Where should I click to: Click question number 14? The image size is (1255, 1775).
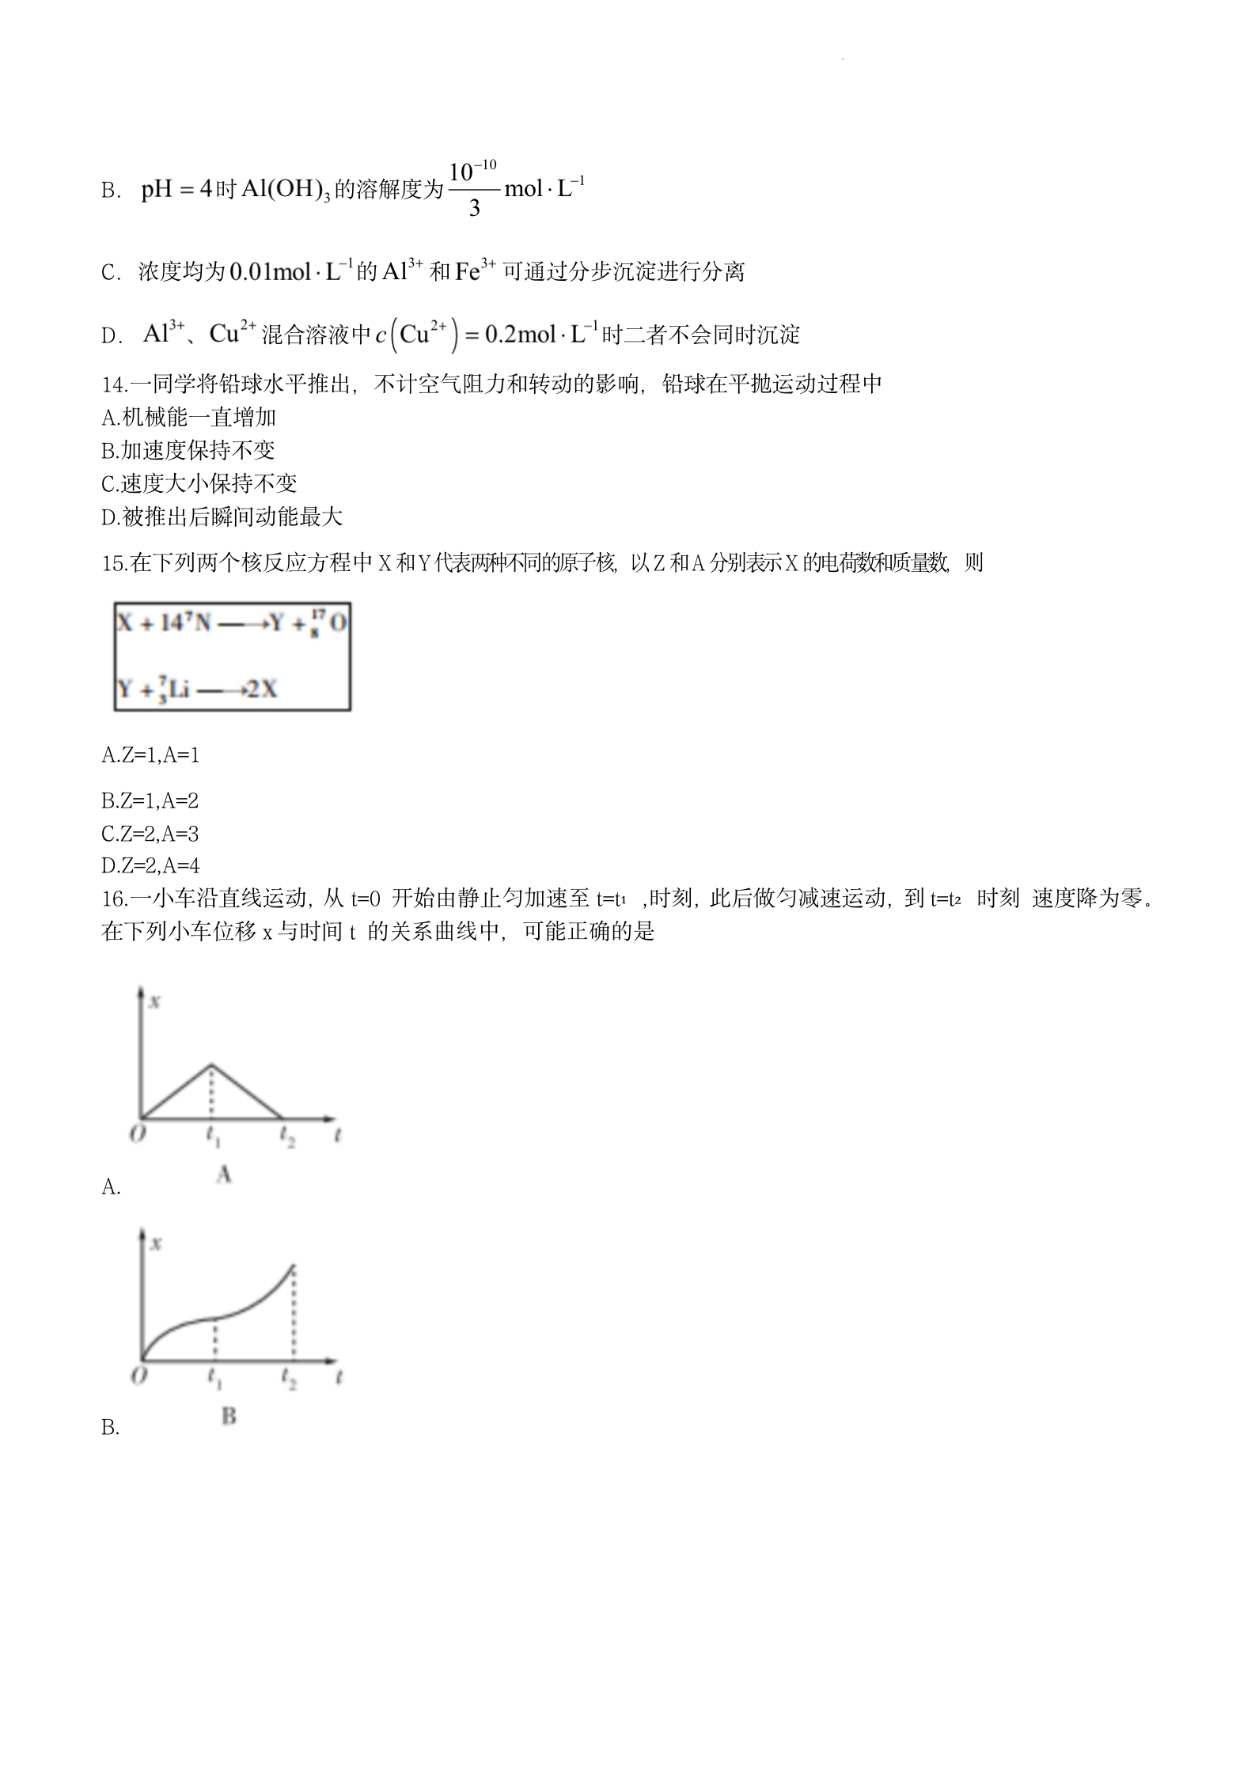(x=114, y=384)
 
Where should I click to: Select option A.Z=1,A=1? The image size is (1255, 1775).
(x=150, y=755)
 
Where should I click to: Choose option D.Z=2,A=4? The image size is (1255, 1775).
(x=150, y=866)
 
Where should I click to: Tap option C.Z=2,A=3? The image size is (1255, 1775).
(x=150, y=834)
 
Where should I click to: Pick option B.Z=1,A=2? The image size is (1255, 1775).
(x=150, y=801)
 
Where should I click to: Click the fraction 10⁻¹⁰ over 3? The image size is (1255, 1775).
(x=473, y=189)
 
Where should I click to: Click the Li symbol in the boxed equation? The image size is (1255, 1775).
(x=179, y=689)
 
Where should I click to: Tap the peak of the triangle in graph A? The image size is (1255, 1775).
(x=211, y=1065)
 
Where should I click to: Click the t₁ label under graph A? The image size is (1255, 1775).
(x=213, y=1136)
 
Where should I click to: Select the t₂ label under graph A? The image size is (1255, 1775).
(x=286, y=1136)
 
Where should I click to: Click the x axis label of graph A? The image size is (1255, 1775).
(x=155, y=1001)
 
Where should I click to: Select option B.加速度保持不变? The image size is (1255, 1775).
(x=188, y=451)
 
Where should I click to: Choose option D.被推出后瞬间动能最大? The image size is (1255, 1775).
(x=222, y=517)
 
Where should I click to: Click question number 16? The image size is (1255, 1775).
(x=114, y=899)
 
